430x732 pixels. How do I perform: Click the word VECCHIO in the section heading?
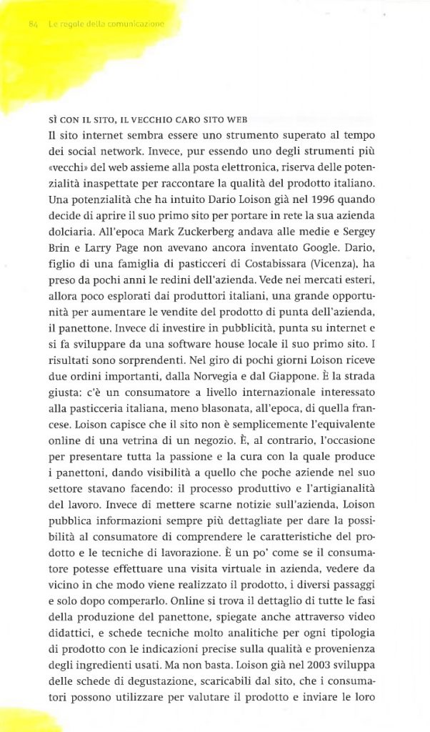144,120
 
